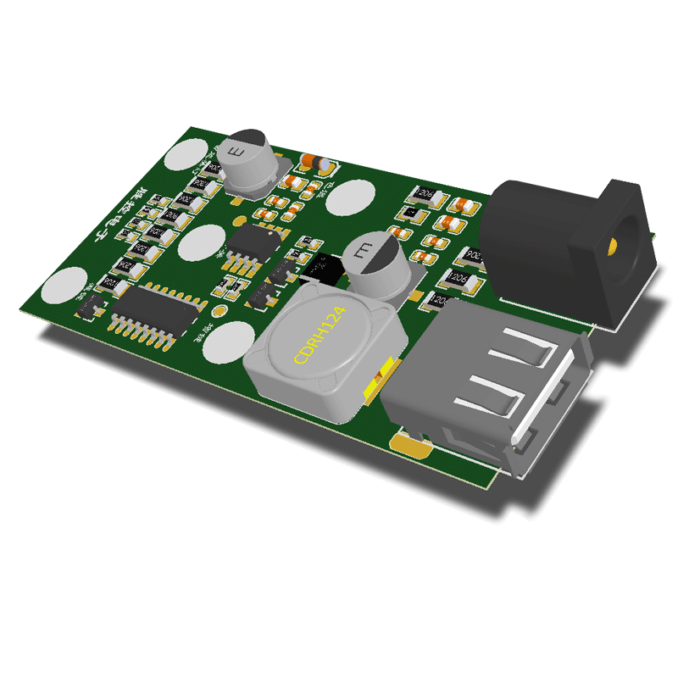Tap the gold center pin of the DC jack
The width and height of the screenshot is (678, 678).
[612, 247]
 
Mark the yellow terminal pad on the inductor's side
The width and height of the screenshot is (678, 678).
[378, 380]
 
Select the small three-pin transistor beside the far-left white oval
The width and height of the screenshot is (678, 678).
[90, 308]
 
